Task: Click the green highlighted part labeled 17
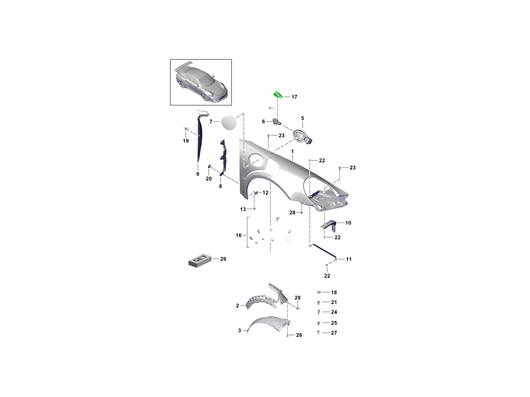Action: coord(278,95)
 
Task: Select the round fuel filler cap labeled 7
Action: coord(228,123)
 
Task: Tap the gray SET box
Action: coord(200,261)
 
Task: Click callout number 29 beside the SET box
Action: coord(223,259)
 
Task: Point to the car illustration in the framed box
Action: coord(201,82)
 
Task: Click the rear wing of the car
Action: coord(183,66)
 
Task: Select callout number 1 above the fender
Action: coord(292,151)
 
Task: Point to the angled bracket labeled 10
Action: coord(329,225)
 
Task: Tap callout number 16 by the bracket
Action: coord(238,235)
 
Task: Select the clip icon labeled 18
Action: coord(319,292)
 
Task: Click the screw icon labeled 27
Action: coord(318,333)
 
